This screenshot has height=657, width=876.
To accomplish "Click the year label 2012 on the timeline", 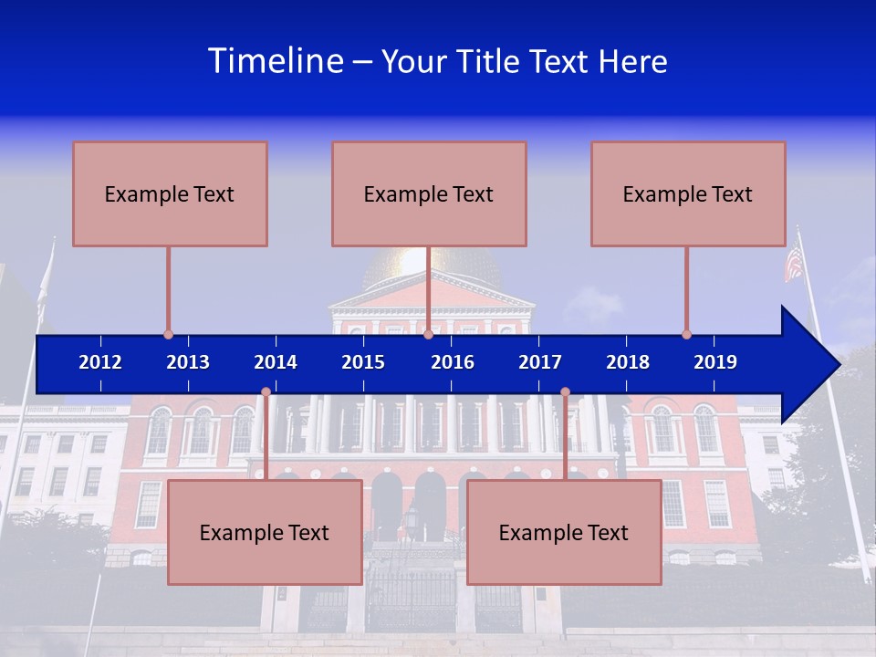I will pos(100,362).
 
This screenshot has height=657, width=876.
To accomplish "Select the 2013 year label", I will pos(188,362).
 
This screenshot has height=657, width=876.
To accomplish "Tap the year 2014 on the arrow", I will pos(276,362).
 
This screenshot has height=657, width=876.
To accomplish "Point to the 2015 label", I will pos(363,362).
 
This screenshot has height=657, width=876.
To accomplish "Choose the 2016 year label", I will pos(453,362).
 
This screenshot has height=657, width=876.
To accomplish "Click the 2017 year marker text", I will pos(540,362).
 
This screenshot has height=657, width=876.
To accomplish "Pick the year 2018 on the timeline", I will pos(628,362).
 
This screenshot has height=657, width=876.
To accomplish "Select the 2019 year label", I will pos(715,362).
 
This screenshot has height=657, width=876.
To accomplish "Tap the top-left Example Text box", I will pos(170,193).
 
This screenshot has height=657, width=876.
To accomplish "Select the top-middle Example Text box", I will pos(429,193).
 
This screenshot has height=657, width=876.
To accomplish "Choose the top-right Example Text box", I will pos(688,193).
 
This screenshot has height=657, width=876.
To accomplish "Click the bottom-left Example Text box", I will pos(265,532).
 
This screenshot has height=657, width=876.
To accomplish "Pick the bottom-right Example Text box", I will pos(564,532).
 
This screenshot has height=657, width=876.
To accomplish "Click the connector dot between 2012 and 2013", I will pos(168,334).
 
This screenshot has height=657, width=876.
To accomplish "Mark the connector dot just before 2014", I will pos(266,391).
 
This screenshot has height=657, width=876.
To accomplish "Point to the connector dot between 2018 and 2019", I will pos(686,334).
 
